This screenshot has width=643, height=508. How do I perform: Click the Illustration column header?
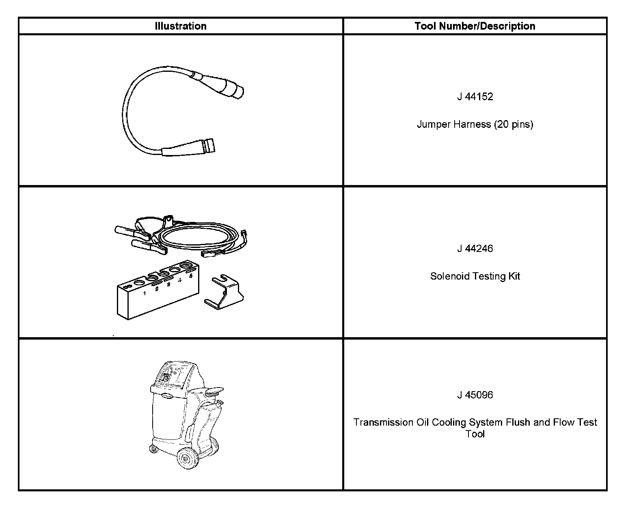[181, 26]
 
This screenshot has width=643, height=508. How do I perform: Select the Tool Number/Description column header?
[475, 26]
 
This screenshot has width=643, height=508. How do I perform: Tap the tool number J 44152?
[475, 97]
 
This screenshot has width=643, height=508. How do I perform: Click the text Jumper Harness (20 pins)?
[475, 124]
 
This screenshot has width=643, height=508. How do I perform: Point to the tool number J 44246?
[475, 248]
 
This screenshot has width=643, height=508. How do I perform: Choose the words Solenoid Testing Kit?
[475, 276]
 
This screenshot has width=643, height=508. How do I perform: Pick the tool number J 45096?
[475, 395]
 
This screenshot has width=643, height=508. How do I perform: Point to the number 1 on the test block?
[145, 293]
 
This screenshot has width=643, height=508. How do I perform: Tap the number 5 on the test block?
[191, 276]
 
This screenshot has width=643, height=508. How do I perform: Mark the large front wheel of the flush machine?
[188, 458]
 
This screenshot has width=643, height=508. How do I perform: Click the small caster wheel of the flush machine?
[153, 449]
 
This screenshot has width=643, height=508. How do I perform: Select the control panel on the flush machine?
[175, 375]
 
